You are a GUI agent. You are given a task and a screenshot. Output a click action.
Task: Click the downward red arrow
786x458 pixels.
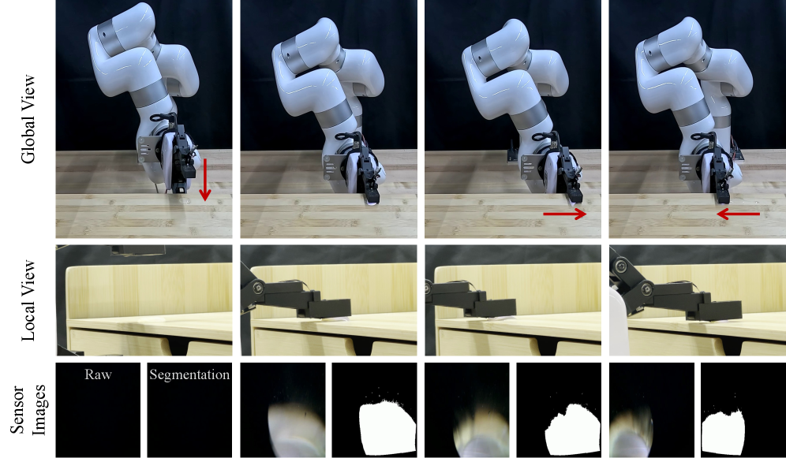pyautogui.click(x=204, y=180)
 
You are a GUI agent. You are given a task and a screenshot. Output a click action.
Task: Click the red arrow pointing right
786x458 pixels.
pyautogui.click(x=565, y=214)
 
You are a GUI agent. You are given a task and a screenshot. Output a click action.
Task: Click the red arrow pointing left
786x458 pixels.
pyautogui.click(x=738, y=214)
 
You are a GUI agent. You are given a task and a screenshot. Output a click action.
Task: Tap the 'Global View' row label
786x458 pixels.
pyautogui.click(x=28, y=118)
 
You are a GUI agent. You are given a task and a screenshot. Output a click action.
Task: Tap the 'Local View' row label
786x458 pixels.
pyautogui.click(x=28, y=300)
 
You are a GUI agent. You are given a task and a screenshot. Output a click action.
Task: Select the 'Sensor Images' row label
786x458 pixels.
pyautogui.click(x=28, y=411)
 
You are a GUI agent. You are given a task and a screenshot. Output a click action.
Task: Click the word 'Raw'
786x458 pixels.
pyautogui.click(x=98, y=374)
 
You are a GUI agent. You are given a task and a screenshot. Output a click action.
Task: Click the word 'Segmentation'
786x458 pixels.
pyautogui.click(x=189, y=374)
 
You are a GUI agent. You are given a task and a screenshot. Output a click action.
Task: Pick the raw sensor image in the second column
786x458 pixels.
pyautogui.click(x=283, y=410)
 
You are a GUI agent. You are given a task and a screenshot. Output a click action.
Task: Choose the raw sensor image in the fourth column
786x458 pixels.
pyautogui.click(x=652, y=410)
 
